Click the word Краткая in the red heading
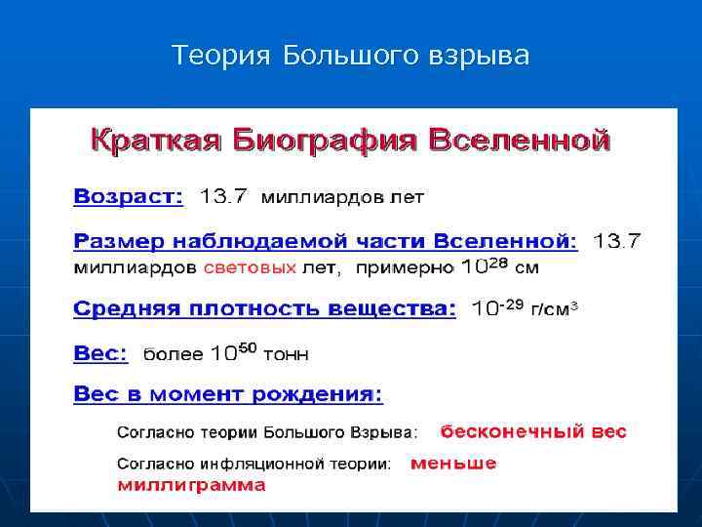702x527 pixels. click(x=159, y=140)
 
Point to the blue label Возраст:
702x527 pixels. click(x=129, y=197)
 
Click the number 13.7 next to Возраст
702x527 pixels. click(x=224, y=197)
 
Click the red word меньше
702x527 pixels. click(x=453, y=464)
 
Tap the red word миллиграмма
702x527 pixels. click(x=191, y=485)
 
